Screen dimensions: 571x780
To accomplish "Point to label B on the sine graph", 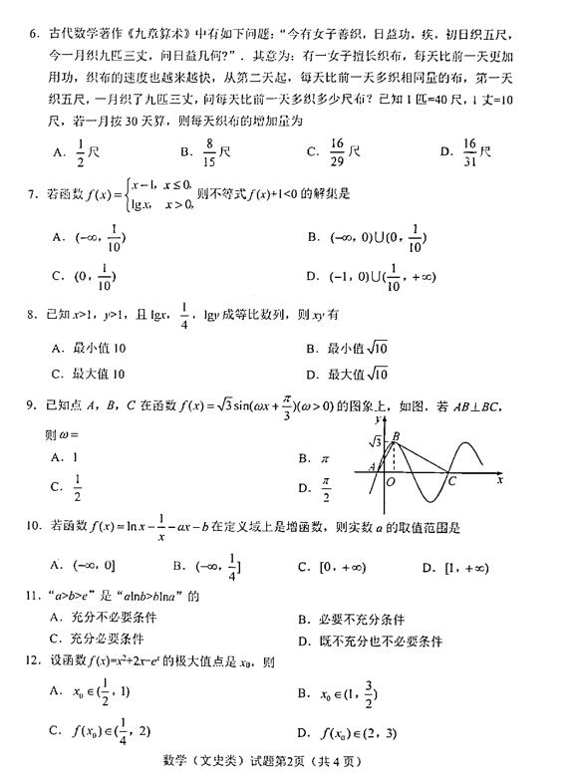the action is point(397,434).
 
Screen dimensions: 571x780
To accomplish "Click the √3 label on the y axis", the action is point(376,440).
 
